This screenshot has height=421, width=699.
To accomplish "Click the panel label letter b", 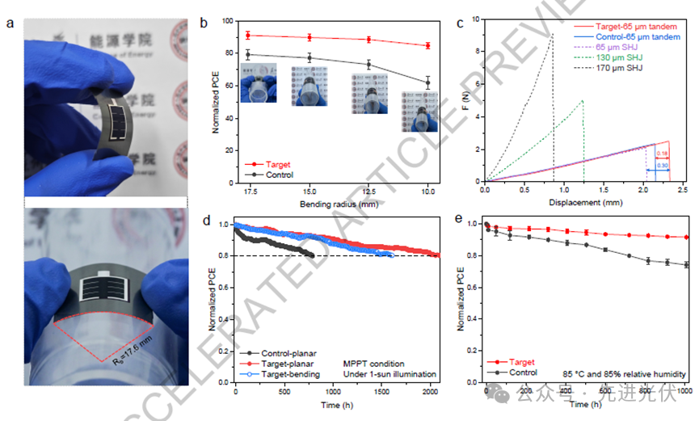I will tap(204, 23).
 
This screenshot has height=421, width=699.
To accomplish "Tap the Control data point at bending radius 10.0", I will tap(427, 82).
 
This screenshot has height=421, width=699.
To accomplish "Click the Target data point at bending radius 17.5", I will tap(248, 36).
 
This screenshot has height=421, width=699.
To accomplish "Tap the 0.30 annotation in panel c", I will tap(663, 166).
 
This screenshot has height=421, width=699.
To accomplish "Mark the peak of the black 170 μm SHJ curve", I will tap(552, 34).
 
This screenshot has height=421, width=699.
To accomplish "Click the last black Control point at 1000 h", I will tap(686, 264).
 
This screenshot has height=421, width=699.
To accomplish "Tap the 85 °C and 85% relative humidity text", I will tap(624, 373).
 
